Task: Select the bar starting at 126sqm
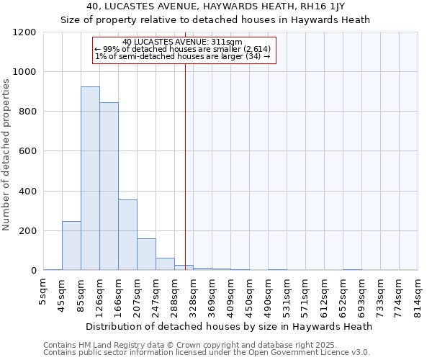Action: pos(109,186)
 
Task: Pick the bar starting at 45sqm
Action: pos(71,246)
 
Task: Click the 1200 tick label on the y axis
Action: pos(24,32)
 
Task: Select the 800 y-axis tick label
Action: pos(27,112)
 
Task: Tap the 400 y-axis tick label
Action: pos(27,192)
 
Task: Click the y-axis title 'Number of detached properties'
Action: pos(6,154)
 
